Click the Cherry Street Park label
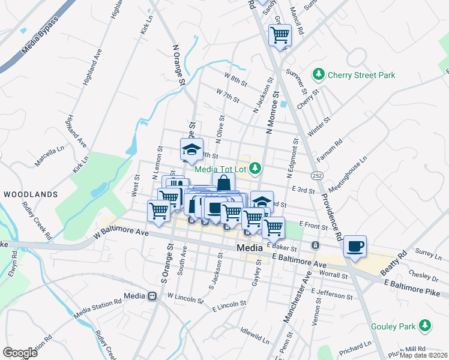click(361, 75)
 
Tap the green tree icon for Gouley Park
click(426, 326)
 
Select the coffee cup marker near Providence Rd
click(355, 245)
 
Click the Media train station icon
click(152, 296)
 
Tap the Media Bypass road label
click(40, 35)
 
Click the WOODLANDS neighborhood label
click(31, 194)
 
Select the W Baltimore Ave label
click(121, 234)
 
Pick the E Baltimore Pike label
click(414, 286)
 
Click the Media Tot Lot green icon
click(255, 168)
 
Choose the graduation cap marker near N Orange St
click(191, 149)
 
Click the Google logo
click(20, 352)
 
